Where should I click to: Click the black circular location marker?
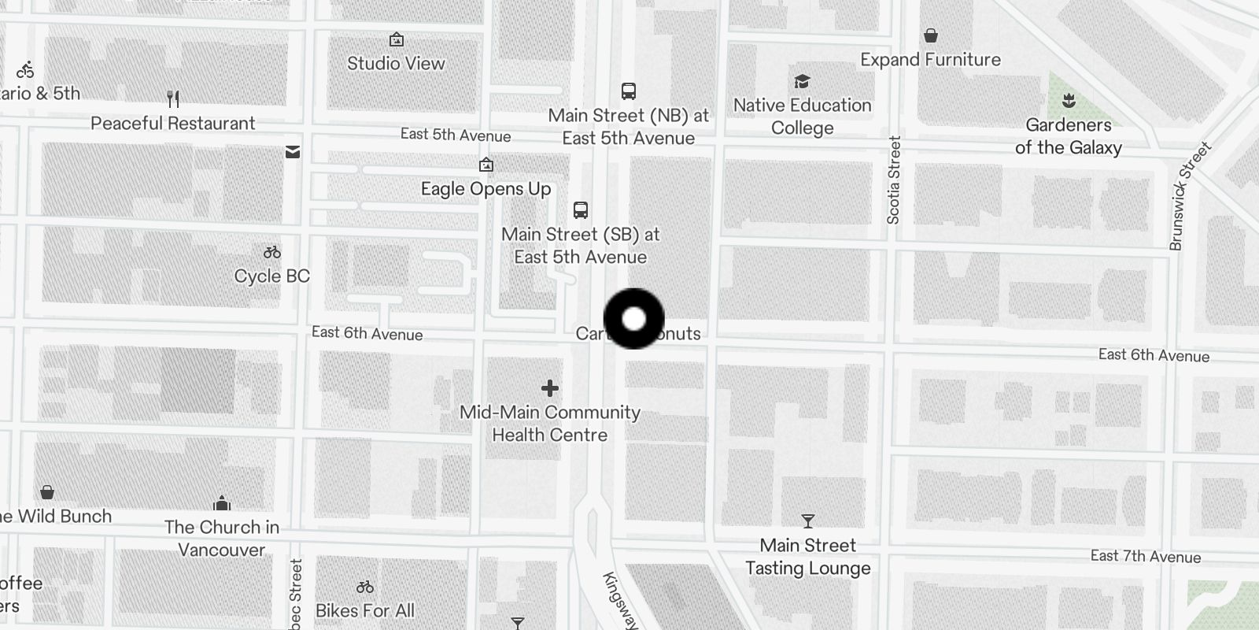pyautogui.click(x=633, y=319)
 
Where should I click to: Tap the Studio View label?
pyautogui.click(x=396, y=64)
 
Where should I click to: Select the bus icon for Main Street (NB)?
pyautogui.click(x=628, y=91)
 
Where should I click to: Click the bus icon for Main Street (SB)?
pyautogui.click(x=581, y=210)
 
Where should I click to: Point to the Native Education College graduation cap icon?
pyautogui.click(x=802, y=82)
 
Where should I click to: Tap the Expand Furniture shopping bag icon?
pyautogui.click(x=931, y=35)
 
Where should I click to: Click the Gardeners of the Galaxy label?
pyautogui.click(x=1068, y=136)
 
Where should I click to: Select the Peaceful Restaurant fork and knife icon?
pyautogui.click(x=173, y=99)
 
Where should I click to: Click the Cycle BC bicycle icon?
pyautogui.click(x=272, y=253)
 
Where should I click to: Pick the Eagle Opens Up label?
pyautogui.click(x=486, y=189)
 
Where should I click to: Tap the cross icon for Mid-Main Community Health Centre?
pyautogui.click(x=550, y=388)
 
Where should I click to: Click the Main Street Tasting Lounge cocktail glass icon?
pyautogui.click(x=807, y=521)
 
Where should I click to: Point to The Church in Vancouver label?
pyautogui.click(x=221, y=538)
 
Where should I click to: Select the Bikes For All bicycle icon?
pyautogui.click(x=364, y=587)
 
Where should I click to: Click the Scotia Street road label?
pyautogui.click(x=893, y=180)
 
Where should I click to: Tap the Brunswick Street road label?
pyautogui.click(x=1189, y=197)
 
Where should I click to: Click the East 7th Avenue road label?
pyautogui.click(x=1145, y=557)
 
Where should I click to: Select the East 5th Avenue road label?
pyautogui.click(x=455, y=135)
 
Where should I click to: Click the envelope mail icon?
pyautogui.click(x=293, y=151)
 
